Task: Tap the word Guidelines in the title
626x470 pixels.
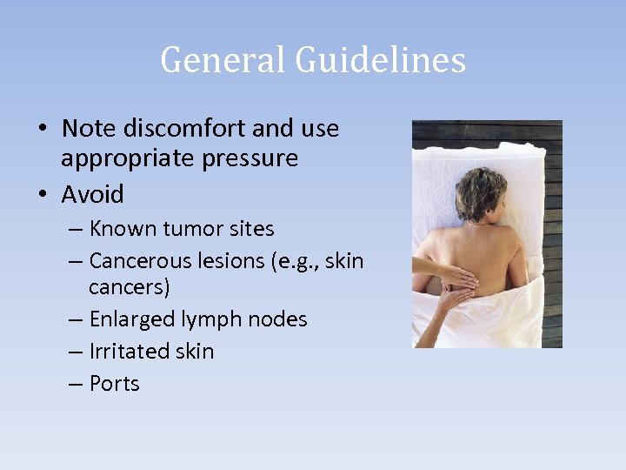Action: click(x=381, y=60)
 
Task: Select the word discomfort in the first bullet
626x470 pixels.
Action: click(x=175, y=129)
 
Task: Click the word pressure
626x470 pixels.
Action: click(x=256, y=159)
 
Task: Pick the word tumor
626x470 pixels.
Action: click(x=195, y=229)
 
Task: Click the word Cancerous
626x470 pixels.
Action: click(x=139, y=260)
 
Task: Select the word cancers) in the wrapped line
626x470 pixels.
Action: click(x=130, y=287)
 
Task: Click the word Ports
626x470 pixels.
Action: click(x=114, y=384)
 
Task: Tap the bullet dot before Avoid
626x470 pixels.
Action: click(x=43, y=194)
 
